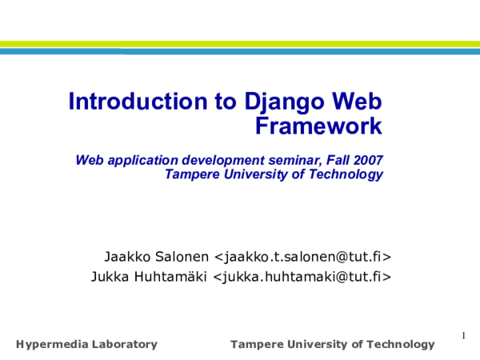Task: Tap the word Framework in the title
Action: pyautogui.click(x=318, y=126)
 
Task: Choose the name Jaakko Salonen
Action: pyautogui.click(x=157, y=257)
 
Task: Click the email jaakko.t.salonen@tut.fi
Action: pyautogui.click(x=302, y=257)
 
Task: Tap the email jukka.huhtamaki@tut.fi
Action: pyautogui.click(x=302, y=277)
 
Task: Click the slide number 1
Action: pyautogui.click(x=464, y=334)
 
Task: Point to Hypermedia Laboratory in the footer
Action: pyautogui.click(x=86, y=345)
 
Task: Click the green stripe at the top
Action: pyautogui.click(x=240, y=44)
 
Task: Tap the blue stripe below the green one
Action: pyautogui.click(x=240, y=51)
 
